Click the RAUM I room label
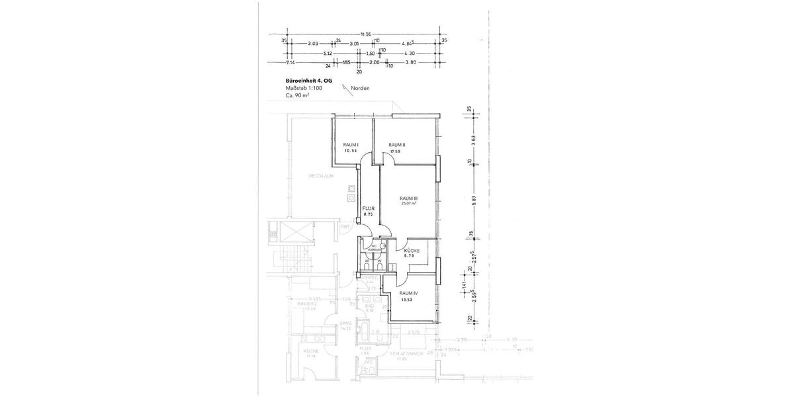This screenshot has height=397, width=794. (351, 145)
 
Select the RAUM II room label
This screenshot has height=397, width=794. (396, 145)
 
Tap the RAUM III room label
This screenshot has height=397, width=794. (408, 198)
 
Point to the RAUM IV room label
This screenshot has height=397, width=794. (408, 293)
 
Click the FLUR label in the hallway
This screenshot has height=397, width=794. (369, 208)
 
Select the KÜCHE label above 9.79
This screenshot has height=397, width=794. (412, 251)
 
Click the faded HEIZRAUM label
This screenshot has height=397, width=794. (320, 177)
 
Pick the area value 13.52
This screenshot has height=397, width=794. (407, 299)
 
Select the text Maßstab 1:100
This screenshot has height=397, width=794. (304, 88)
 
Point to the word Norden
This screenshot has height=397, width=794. (361, 88)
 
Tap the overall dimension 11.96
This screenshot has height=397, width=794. (365, 34)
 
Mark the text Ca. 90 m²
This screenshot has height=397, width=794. (296, 95)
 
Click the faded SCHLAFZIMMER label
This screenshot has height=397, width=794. (408, 353)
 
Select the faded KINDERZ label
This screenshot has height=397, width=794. (308, 304)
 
